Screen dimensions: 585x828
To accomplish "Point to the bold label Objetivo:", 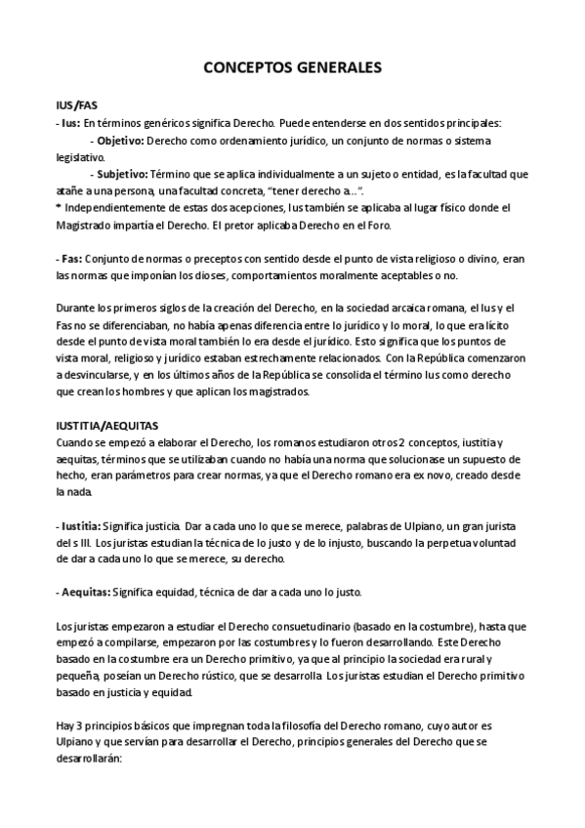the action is [120, 141].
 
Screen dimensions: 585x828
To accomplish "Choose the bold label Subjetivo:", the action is [122, 174].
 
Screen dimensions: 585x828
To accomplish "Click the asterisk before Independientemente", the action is [59, 208].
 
